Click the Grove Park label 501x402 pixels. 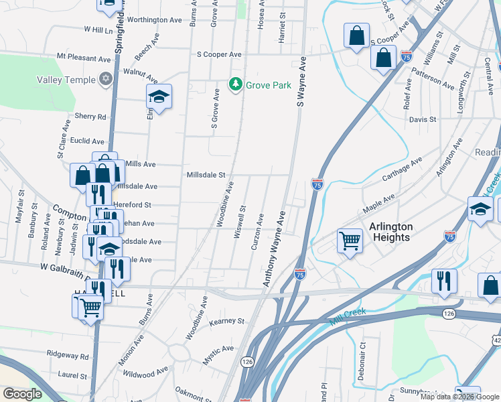268,85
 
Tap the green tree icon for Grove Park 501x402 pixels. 235,85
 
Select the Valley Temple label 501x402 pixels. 66,80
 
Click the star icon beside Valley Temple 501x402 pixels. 104,80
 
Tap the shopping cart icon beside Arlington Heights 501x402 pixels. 350,240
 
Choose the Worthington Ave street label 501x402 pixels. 154,20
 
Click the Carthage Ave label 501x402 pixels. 402,170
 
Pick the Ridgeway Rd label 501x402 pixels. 67,356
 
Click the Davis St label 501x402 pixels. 423,119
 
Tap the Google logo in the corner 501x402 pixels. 22,394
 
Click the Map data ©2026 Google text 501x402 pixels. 459,397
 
